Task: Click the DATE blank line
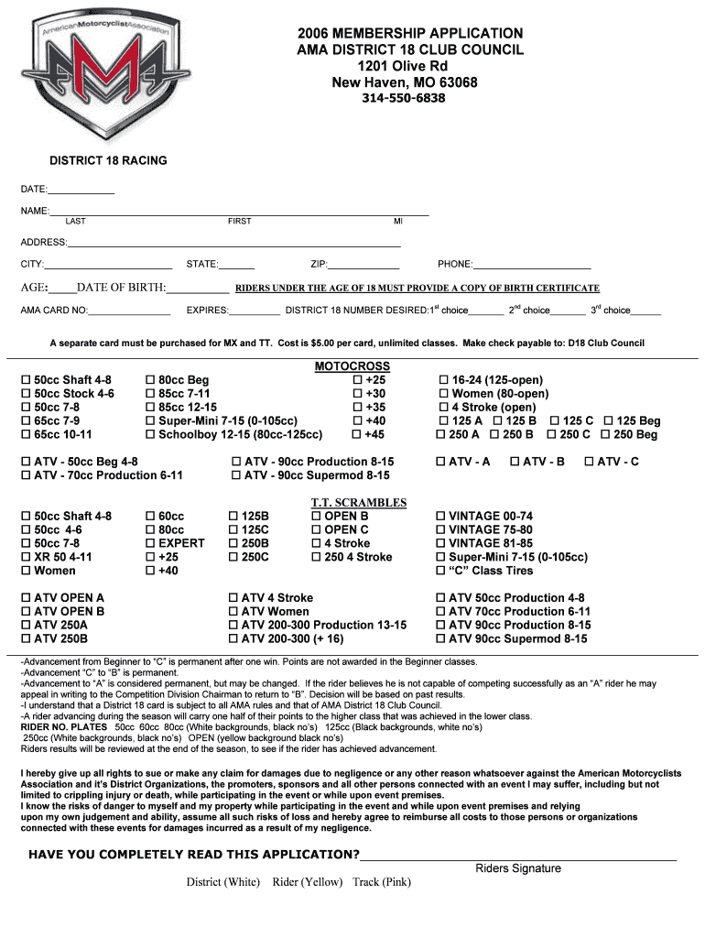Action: [81, 191]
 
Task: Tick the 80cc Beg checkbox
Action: [150, 380]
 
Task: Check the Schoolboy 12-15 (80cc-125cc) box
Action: [150, 435]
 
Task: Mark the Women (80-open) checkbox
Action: [444, 394]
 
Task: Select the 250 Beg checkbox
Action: [605, 435]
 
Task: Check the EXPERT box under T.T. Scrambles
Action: [150, 543]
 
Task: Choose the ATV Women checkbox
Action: [233, 612]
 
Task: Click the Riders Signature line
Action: [518, 859]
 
